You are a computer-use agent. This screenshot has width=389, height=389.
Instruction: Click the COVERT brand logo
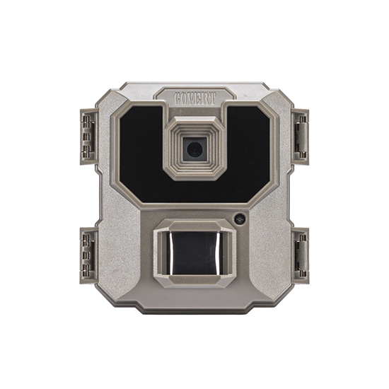coord(195,94)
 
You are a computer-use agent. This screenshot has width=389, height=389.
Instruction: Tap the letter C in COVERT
coord(178,95)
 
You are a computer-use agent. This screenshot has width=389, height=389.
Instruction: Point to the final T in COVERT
coord(212,95)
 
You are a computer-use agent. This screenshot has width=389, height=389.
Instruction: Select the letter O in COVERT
coord(185,95)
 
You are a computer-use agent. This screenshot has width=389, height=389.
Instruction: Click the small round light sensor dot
coord(240,219)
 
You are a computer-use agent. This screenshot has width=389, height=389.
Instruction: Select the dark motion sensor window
coord(194,252)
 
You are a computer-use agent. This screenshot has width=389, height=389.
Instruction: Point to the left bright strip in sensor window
coord(170,252)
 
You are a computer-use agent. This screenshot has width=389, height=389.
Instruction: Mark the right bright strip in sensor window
coord(219,252)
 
